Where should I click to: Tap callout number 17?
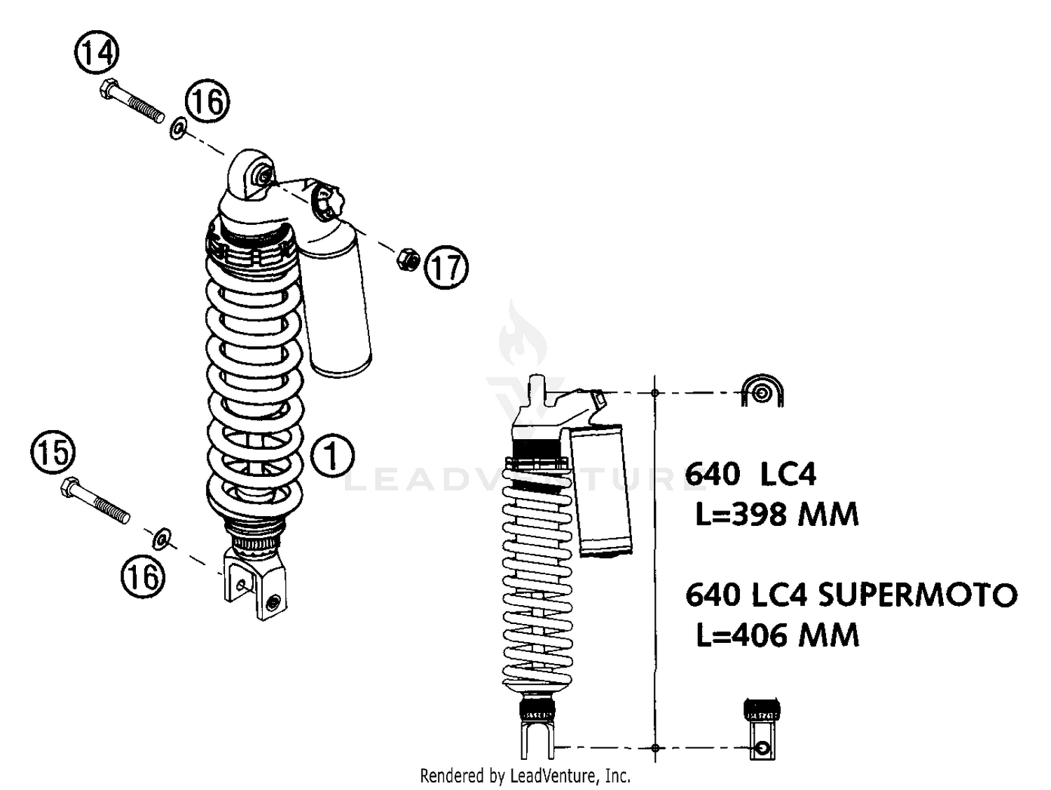pos(446,267)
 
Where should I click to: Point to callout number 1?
pos(332,456)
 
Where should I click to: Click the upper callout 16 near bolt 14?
pos(208,102)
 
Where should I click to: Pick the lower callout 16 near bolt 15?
pos(143,577)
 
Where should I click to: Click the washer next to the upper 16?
pos(178,128)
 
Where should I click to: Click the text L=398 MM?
pos(776,515)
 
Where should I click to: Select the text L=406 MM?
pos(777,636)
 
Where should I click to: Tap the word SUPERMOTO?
pos(917,595)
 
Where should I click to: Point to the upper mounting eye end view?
pos(762,392)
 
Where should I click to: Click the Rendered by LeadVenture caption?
pos(525,776)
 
